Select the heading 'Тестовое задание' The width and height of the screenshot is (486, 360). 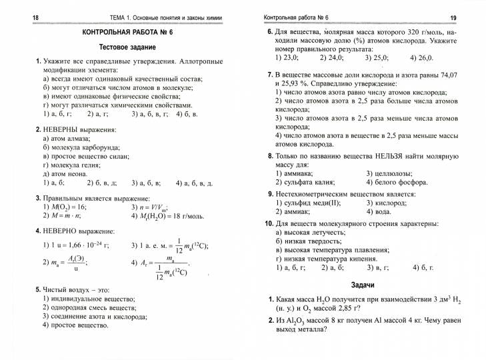click(127, 47)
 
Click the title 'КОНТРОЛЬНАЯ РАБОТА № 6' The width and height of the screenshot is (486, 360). click(127, 32)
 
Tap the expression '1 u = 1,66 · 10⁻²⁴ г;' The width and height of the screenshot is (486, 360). click(75, 245)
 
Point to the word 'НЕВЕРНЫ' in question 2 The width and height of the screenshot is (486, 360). click(61, 129)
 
